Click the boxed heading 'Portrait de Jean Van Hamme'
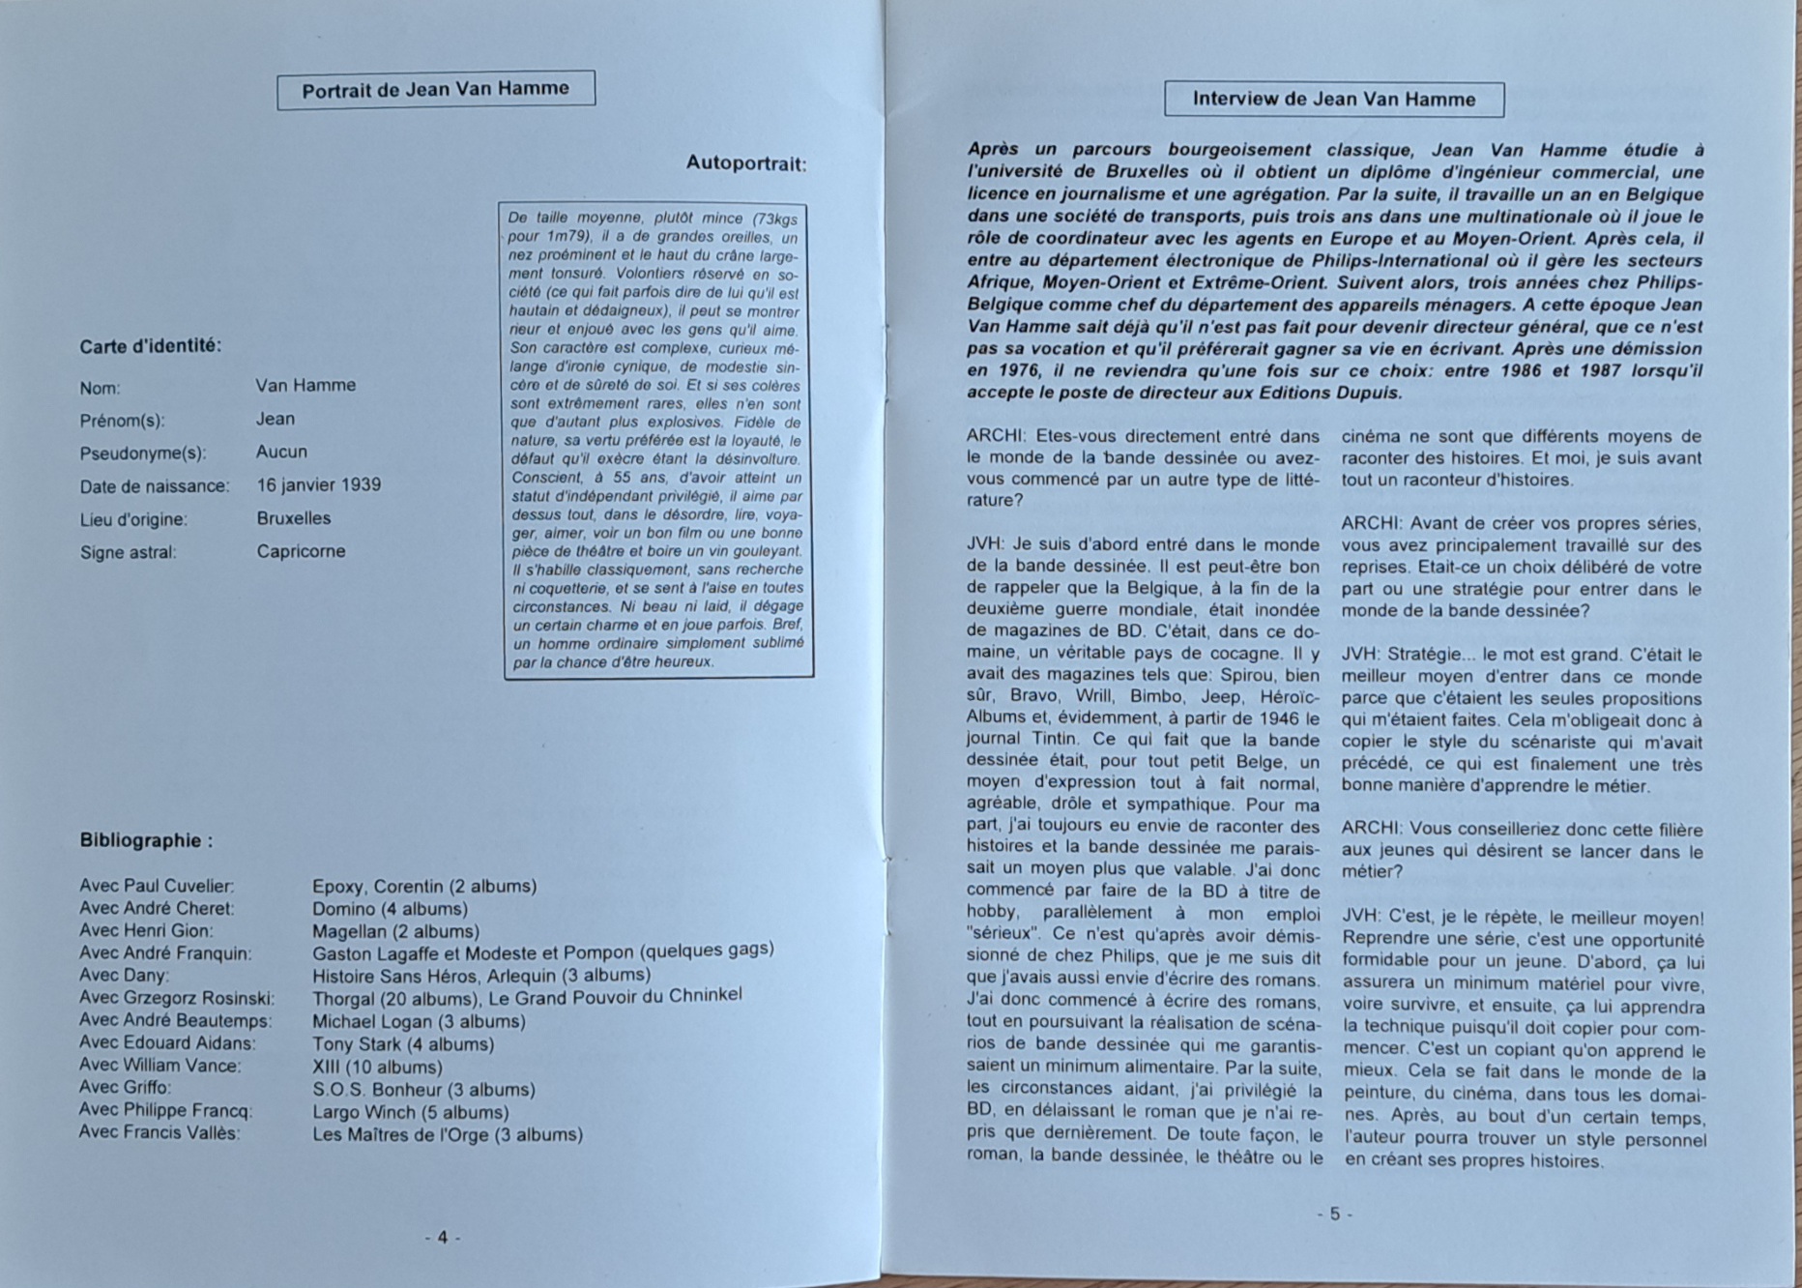point(435,90)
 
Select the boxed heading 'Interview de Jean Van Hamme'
point(1333,99)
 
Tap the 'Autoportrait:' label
point(745,163)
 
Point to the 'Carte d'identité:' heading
point(150,345)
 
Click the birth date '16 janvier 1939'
point(318,484)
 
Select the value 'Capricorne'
point(301,551)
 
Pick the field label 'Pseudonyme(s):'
point(143,453)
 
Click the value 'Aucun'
point(281,452)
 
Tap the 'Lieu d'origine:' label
point(133,519)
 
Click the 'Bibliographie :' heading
point(146,840)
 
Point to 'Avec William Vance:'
point(160,1066)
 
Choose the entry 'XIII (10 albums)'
point(377,1068)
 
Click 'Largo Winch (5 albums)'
point(410,1112)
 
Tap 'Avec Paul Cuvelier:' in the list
point(157,886)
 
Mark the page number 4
point(443,1237)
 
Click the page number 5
point(1334,1214)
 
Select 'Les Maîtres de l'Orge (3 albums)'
point(447,1134)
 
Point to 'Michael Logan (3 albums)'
point(419,1021)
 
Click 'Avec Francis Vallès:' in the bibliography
point(159,1132)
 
